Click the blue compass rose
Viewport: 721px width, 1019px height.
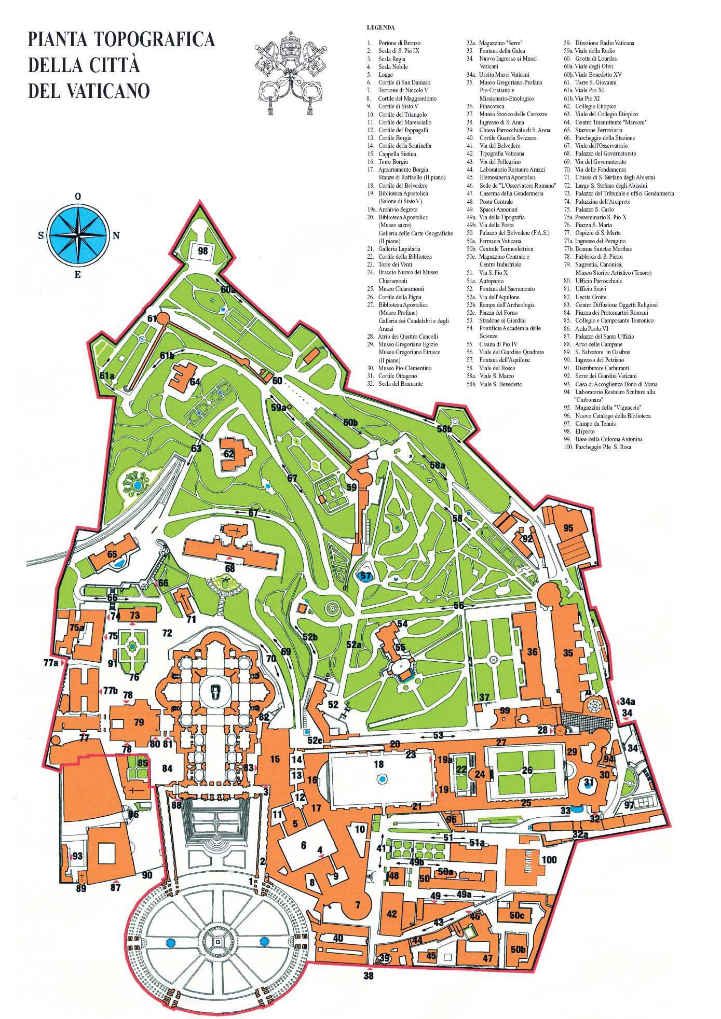tap(77, 234)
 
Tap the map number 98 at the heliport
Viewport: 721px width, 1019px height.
tap(203, 250)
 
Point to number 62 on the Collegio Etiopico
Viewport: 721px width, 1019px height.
tap(229, 453)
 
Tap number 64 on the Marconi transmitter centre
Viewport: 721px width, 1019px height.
tap(195, 382)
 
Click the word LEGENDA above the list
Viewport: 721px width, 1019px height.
tap(380, 27)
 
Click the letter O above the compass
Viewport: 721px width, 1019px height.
tap(77, 197)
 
